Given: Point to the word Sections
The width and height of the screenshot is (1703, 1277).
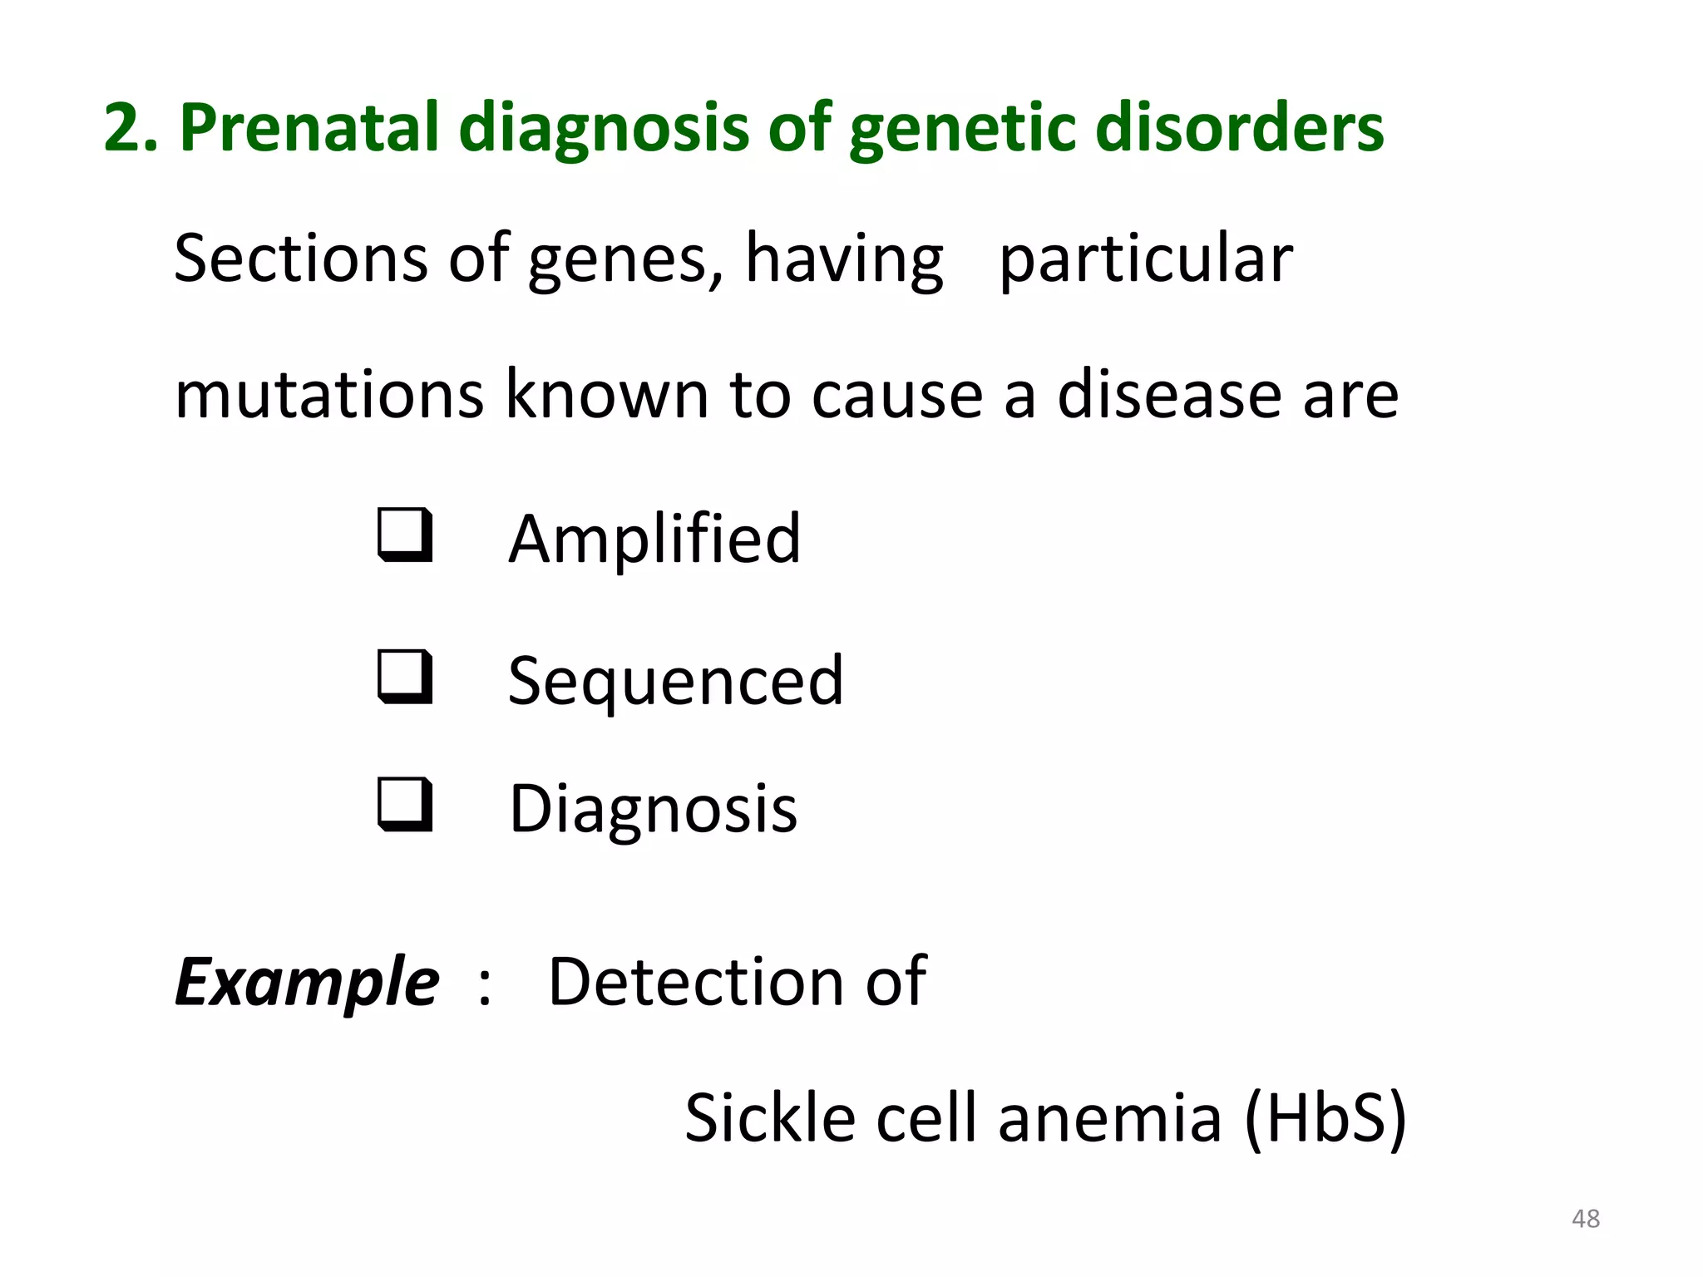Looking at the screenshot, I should pyautogui.click(x=300, y=259).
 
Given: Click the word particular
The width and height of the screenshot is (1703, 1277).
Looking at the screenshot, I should pyautogui.click(x=1146, y=260).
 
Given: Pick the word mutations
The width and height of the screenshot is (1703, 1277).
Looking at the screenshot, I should pyautogui.click(x=329, y=394).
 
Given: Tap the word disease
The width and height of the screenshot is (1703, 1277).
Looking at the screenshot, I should pyautogui.click(x=1169, y=394).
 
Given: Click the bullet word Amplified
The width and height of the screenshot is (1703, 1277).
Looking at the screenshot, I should pyautogui.click(x=654, y=540).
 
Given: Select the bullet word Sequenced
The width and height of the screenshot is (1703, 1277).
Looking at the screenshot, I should pyautogui.click(x=675, y=681).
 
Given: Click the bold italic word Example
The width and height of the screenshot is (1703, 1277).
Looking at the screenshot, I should pyautogui.click(x=307, y=983).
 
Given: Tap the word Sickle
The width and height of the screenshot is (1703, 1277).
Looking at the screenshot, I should pyautogui.click(x=770, y=1117).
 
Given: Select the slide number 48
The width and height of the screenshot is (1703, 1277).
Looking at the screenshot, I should pyautogui.click(x=1586, y=1219).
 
